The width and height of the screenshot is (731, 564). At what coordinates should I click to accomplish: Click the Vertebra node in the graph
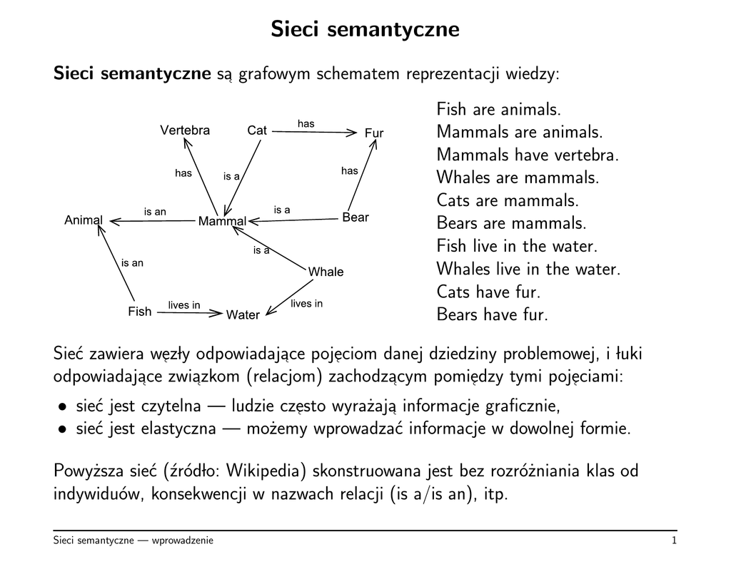[185, 130]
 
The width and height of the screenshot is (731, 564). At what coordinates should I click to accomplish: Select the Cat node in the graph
[257, 130]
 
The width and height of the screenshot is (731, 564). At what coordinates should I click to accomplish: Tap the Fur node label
[374, 133]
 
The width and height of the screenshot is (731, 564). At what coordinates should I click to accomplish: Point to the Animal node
[84, 220]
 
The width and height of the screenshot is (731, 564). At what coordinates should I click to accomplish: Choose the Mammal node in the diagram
[222, 222]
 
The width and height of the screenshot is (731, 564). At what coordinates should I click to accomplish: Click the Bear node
[356, 217]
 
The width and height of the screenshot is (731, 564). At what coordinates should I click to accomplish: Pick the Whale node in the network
[326, 272]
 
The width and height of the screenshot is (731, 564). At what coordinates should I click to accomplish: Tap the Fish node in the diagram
[140, 312]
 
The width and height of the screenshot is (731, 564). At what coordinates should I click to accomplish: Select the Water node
[243, 315]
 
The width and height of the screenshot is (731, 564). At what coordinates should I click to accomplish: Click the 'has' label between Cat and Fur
[306, 124]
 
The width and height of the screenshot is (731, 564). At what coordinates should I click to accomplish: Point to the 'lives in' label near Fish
[184, 305]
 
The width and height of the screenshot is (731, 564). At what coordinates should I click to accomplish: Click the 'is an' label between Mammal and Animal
[155, 212]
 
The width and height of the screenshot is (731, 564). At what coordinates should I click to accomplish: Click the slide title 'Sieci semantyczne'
[365, 29]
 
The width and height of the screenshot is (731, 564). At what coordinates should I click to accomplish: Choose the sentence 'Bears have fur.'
[492, 314]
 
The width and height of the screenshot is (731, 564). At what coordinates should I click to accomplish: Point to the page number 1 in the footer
[674, 541]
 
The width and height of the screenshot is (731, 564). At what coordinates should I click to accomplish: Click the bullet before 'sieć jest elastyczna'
[63, 430]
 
